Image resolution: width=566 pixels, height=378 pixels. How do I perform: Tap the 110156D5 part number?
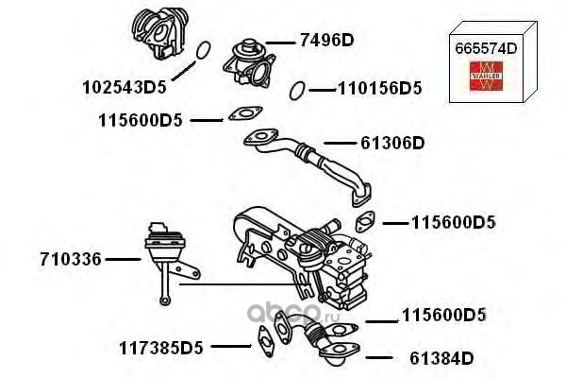[379, 90]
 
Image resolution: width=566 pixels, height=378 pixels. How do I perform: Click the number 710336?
[71, 257]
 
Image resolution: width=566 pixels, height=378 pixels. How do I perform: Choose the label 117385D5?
[161, 348]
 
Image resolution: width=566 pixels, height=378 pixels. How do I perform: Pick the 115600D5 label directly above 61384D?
[443, 315]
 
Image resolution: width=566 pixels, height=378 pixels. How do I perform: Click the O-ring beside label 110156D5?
[297, 90]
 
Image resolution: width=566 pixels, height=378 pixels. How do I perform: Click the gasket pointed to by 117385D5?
[264, 337]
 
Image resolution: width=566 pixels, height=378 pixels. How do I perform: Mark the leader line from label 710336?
[123, 257]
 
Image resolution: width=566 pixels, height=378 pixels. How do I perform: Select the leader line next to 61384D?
[377, 358]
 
